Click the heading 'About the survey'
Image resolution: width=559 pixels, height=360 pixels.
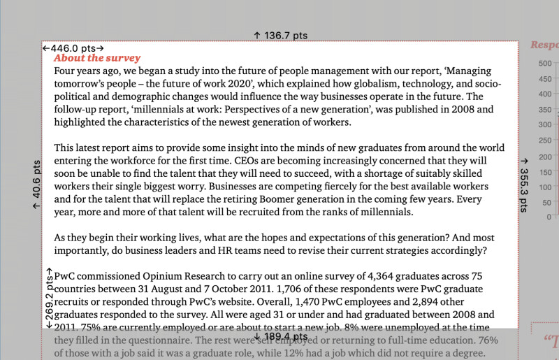click(97, 59)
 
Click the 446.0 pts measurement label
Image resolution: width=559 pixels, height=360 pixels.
click(73, 48)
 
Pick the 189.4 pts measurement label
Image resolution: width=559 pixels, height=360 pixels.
click(281, 337)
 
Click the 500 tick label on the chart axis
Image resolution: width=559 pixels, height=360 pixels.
click(545, 63)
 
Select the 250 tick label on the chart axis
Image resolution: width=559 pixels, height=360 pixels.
click(545, 141)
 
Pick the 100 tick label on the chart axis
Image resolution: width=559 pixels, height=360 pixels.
click(545, 187)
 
